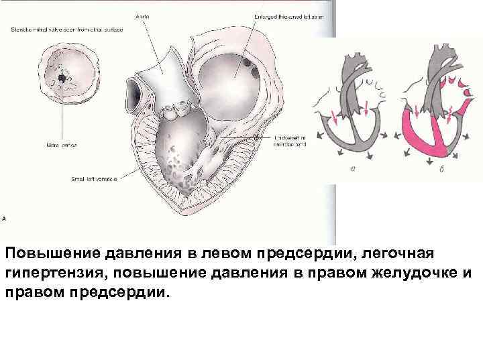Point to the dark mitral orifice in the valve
tap(62, 78)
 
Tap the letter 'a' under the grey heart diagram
tap(353, 170)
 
